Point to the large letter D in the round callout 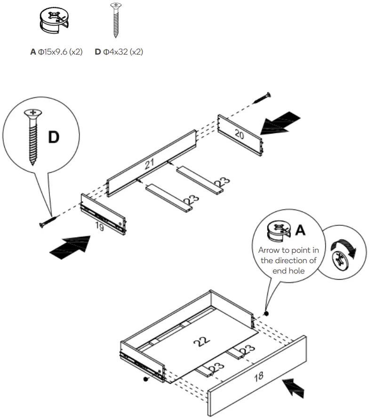pyautogui.click(x=54, y=137)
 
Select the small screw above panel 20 pyautogui.click(x=262, y=98)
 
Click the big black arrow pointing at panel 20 pyautogui.click(x=281, y=124)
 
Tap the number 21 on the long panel pyautogui.click(x=150, y=164)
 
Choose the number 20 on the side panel pyautogui.click(x=240, y=135)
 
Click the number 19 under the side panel pyautogui.click(x=99, y=226)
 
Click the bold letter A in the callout pyautogui.click(x=300, y=230)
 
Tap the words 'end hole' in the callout pyautogui.click(x=288, y=271)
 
